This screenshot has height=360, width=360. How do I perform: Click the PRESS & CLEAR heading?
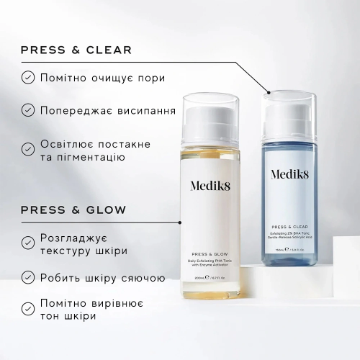(76, 50)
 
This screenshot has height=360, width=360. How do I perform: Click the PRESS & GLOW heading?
(73, 210)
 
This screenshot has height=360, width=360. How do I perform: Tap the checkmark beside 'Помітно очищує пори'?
(27, 77)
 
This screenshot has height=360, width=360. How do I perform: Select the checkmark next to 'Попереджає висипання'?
(27, 109)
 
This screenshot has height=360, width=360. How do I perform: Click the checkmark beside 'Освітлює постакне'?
(27, 149)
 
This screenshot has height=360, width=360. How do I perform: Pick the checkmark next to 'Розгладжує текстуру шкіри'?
(27, 243)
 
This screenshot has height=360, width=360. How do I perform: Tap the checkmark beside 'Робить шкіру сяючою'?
(27, 276)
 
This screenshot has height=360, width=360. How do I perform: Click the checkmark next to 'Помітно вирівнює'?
(27, 309)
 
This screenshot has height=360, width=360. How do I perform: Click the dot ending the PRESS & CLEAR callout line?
(269, 91)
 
